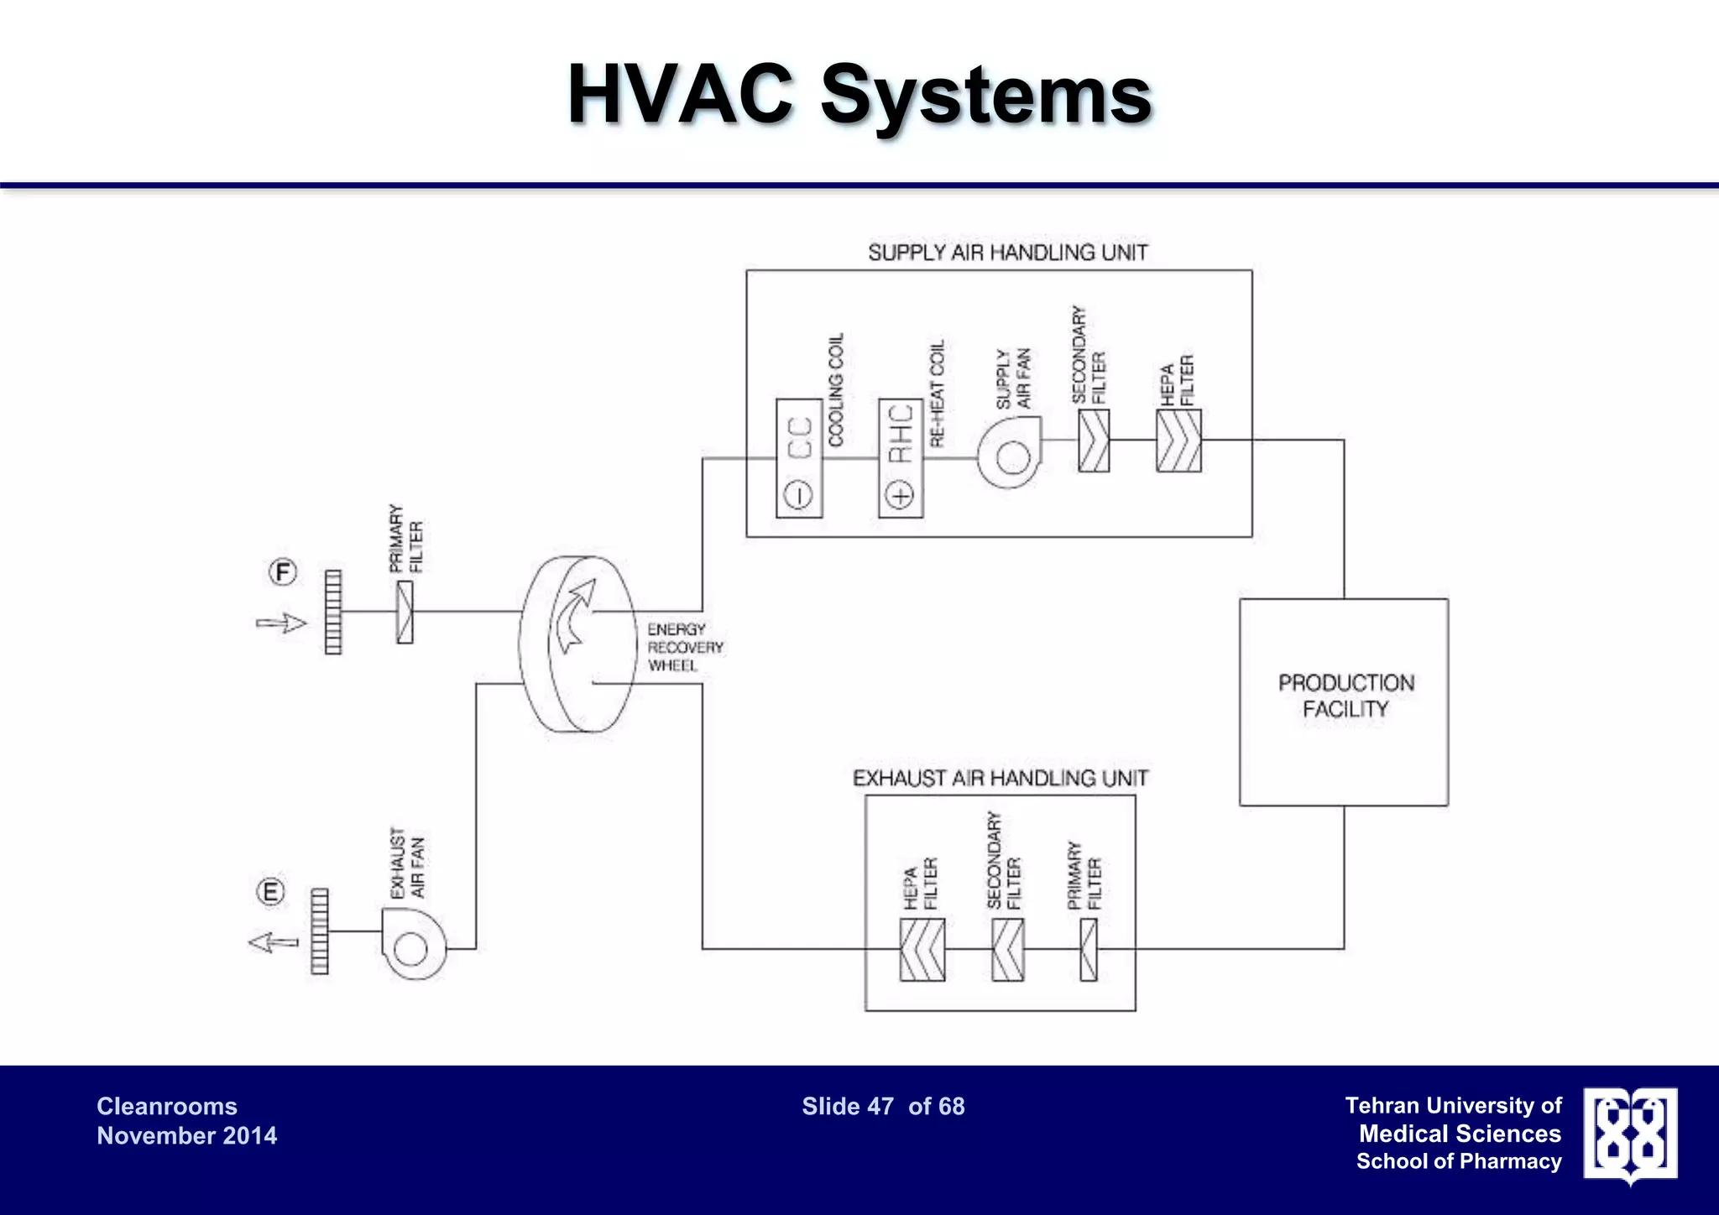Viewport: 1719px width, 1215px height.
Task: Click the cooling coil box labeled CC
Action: pos(798,458)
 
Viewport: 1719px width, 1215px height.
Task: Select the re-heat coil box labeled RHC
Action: pos(900,458)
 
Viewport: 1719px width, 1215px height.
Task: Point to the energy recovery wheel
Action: pos(577,644)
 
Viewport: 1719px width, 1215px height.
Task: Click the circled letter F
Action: pos(283,573)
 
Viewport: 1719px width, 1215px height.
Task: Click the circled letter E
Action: pos(270,891)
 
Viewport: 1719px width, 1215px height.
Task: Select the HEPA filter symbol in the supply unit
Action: pos(1178,441)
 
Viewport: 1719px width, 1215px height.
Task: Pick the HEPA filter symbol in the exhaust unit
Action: pos(922,950)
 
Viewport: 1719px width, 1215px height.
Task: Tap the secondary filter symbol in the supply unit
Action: pos(1093,441)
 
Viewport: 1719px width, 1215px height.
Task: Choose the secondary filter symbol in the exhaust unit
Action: pos(1007,950)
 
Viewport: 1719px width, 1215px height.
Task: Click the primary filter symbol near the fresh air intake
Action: pos(405,613)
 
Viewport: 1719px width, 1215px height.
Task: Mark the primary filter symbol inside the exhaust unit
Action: pos(1089,950)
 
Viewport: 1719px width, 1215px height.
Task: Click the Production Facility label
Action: pos(1345,696)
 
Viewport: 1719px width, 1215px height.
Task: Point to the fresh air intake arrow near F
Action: pos(281,623)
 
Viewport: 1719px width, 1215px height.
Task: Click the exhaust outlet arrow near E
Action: pos(274,942)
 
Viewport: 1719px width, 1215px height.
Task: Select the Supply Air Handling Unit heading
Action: pos(1007,253)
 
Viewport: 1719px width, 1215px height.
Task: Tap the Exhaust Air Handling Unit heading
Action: pos(1000,779)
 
